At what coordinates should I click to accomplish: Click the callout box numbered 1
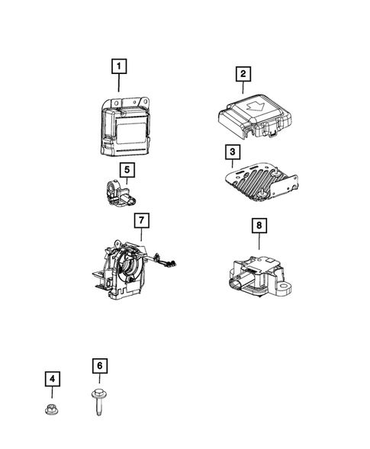pos(119,66)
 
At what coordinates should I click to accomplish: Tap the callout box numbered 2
pos(243,74)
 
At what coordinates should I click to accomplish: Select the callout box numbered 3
pos(233,152)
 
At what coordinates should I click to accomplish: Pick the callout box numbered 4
pos(52,379)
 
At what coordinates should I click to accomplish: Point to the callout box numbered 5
pos(127,170)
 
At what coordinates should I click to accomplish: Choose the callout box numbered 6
pos(100,366)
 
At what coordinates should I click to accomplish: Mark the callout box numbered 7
pos(142,220)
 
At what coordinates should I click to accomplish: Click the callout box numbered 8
pos(259,226)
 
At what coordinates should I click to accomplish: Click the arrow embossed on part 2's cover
pos(256,106)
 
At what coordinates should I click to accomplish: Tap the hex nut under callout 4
pos(52,409)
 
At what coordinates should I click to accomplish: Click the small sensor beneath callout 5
pos(120,192)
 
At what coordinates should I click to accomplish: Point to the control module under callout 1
pos(125,127)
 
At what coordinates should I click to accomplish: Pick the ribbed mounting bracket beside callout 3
pos(261,182)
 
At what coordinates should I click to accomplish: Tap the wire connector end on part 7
pos(172,264)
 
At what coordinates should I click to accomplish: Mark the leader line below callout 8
pos(259,241)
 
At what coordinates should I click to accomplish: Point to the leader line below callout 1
pos(119,83)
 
